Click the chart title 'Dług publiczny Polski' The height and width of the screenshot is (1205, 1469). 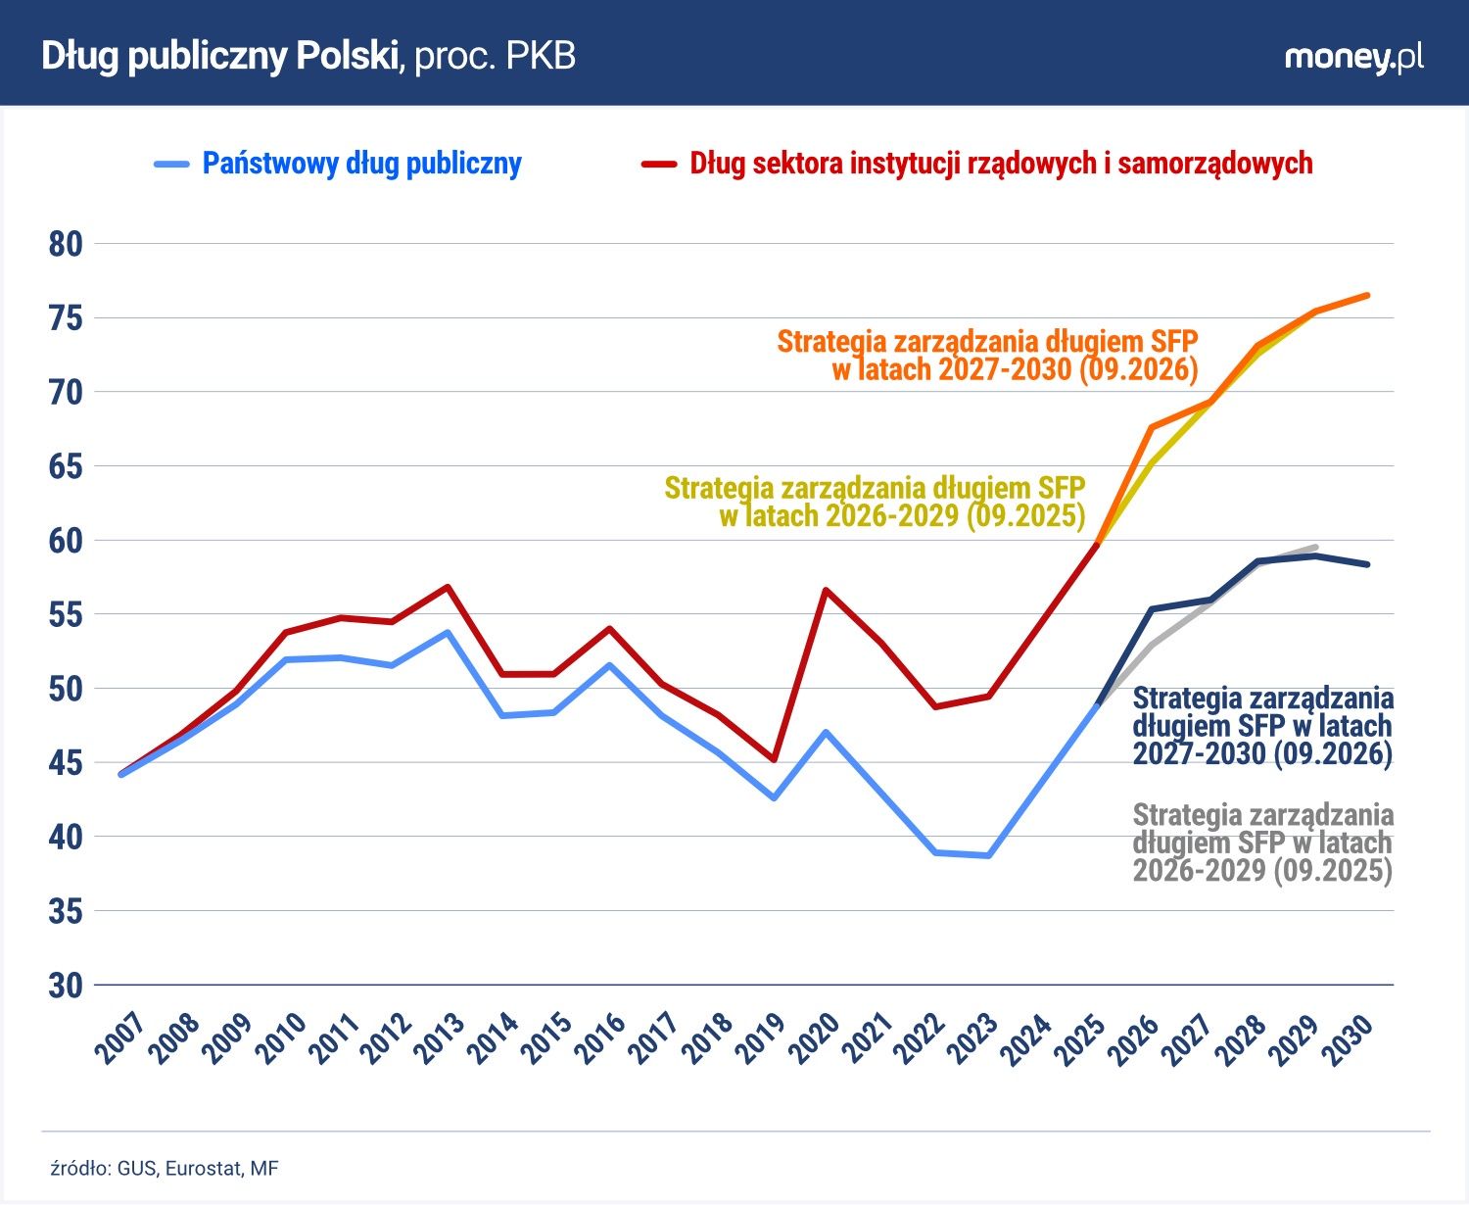(x=220, y=56)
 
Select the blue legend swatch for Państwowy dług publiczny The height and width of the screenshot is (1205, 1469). (x=171, y=165)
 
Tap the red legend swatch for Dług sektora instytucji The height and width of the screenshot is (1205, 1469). (x=659, y=165)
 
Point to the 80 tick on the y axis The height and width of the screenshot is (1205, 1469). (x=66, y=245)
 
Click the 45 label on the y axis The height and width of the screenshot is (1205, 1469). (x=66, y=763)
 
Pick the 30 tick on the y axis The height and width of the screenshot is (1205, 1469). (x=66, y=986)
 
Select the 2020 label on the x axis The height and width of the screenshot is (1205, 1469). (x=816, y=1038)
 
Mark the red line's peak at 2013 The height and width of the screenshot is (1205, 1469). (x=449, y=587)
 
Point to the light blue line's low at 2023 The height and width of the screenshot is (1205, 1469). (x=988, y=855)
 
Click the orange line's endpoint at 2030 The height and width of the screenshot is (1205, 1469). (x=1367, y=296)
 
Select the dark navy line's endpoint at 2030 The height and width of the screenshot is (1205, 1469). (x=1367, y=564)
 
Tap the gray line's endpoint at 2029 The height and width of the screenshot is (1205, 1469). (x=1315, y=547)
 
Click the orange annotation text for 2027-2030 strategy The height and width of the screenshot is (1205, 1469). (x=987, y=356)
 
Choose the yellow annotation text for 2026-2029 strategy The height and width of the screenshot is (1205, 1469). (x=875, y=502)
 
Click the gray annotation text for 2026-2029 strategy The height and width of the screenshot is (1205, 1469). (x=1262, y=843)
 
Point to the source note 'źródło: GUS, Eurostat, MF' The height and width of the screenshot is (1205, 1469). (x=165, y=1168)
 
